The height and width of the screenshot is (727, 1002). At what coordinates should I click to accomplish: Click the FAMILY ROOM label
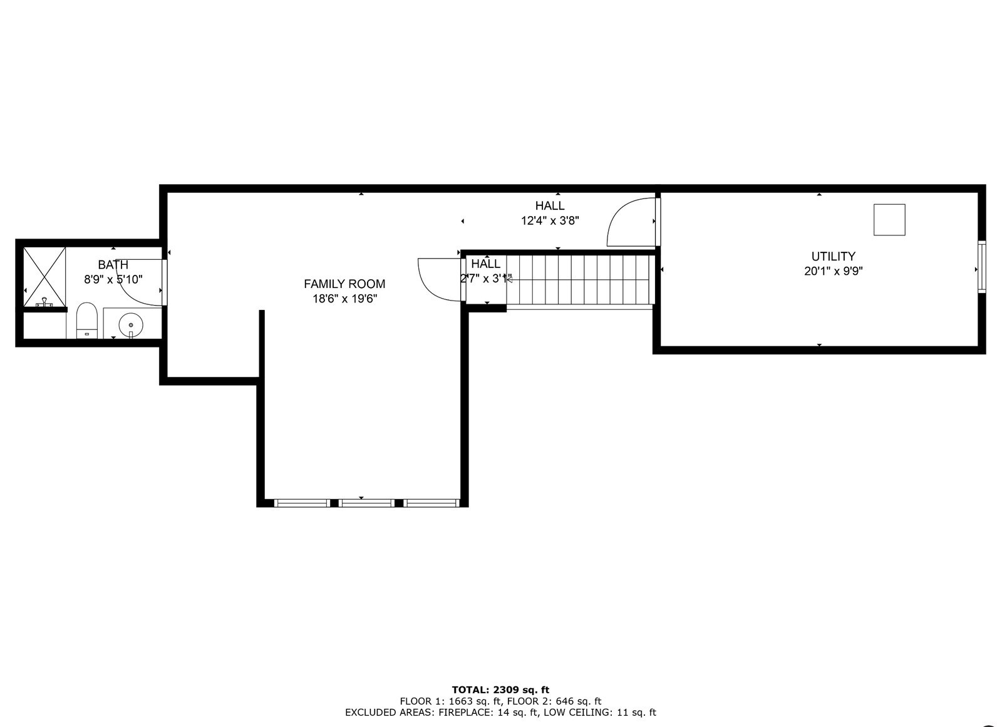click(344, 284)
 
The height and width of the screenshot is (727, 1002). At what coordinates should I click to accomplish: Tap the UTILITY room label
click(833, 256)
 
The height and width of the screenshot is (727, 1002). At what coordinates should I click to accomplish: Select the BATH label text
click(113, 265)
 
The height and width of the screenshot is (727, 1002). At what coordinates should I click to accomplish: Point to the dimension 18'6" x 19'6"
click(344, 299)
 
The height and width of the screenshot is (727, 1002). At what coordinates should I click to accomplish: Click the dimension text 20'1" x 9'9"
click(833, 272)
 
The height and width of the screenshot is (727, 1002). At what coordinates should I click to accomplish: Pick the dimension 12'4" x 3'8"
click(550, 220)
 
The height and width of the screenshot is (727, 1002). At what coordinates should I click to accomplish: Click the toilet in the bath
click(87, 319)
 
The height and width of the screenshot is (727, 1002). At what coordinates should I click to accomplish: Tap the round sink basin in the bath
click(130, 325)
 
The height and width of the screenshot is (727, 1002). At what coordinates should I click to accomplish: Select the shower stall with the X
click(44, 276)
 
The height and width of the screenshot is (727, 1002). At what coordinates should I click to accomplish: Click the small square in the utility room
click(889, 220)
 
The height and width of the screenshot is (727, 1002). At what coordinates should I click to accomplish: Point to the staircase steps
click(579, 279)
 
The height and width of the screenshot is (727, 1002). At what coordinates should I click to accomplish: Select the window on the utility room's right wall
click(981, 267)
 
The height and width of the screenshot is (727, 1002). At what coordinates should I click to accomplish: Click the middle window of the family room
click(366, 502)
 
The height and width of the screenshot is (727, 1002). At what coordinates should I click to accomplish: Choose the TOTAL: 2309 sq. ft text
click(500, 690)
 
